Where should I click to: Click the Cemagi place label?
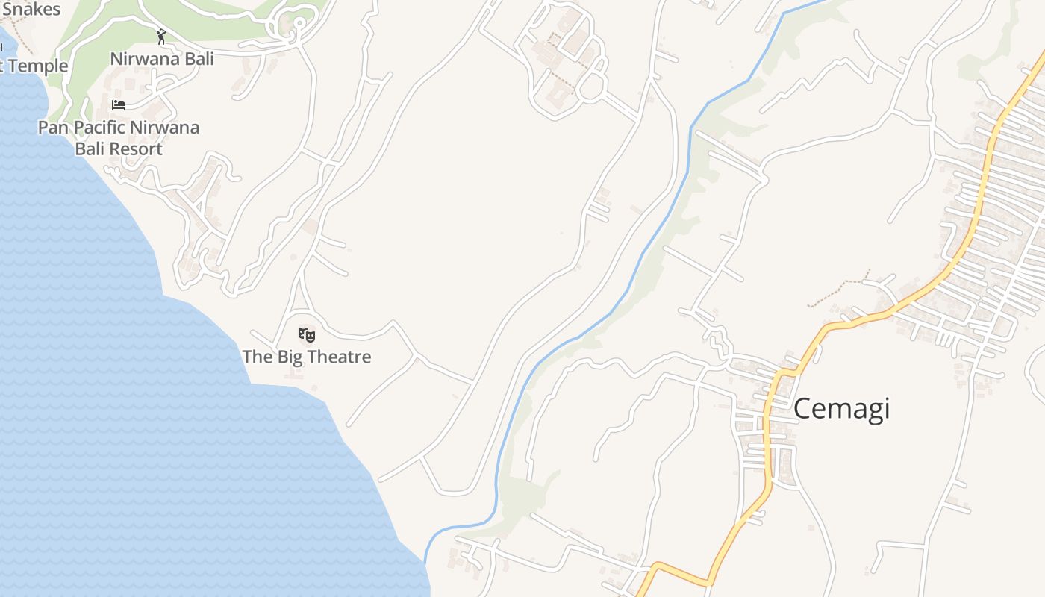(x=841, y=409)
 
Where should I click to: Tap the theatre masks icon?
(x=306, y=335)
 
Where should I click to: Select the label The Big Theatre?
(x=306, y=357)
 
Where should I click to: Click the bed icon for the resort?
(x=119, y=104)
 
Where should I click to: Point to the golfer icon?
(x=161, y=37)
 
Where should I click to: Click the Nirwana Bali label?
(x=162, y=59)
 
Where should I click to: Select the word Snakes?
(x=31, y=10)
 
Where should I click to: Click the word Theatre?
(x=340, y=357)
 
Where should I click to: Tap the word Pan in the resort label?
(x=52, y=128)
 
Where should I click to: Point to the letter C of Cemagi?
(x=802, y=409)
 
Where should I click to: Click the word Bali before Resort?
(x=90, y=149)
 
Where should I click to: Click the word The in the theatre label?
(x=258, y=357)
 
